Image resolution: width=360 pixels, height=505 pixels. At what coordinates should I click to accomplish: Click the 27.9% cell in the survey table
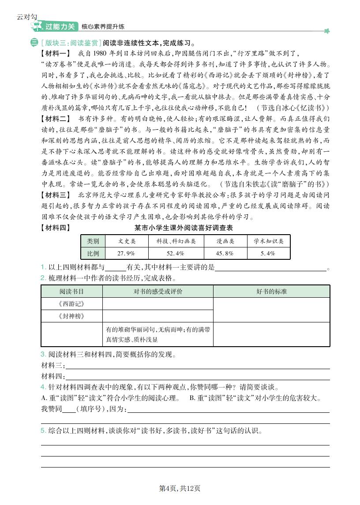click(x=126, y=253)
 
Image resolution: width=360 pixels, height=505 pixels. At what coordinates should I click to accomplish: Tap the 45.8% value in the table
click(x=225, y=253)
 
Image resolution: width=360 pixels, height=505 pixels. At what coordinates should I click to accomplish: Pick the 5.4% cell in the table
click(x=268, y=253)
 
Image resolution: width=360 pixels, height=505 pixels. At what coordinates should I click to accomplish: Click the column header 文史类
click(x=127, y=241)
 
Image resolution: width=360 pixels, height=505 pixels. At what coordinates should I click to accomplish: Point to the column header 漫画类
click(x=225, y=241)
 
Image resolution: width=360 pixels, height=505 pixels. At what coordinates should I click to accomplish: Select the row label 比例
click(x=93, y=253)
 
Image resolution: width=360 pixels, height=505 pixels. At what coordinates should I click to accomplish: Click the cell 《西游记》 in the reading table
click(x=71, y=304)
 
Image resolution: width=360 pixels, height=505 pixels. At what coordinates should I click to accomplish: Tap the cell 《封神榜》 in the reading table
click(x=71, y=316)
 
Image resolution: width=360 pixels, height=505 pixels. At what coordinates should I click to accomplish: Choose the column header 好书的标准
click(x=271, y=292)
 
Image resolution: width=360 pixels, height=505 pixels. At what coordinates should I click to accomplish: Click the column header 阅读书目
click(x=71, y=292)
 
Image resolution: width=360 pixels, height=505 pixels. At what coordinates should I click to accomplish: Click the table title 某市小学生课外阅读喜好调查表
click(x=184, y=228)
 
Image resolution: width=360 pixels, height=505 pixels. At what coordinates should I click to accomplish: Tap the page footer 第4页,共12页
click(x=180, y=488)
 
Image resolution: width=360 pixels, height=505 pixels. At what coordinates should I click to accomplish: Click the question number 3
click(x=43, y=355)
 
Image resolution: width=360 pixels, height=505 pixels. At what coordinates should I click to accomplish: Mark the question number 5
click(x=43, y=430)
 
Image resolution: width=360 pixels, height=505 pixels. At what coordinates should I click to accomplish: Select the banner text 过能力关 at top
click(x=60, y=26)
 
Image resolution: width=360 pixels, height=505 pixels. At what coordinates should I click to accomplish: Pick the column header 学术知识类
click(x=268, y=241)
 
